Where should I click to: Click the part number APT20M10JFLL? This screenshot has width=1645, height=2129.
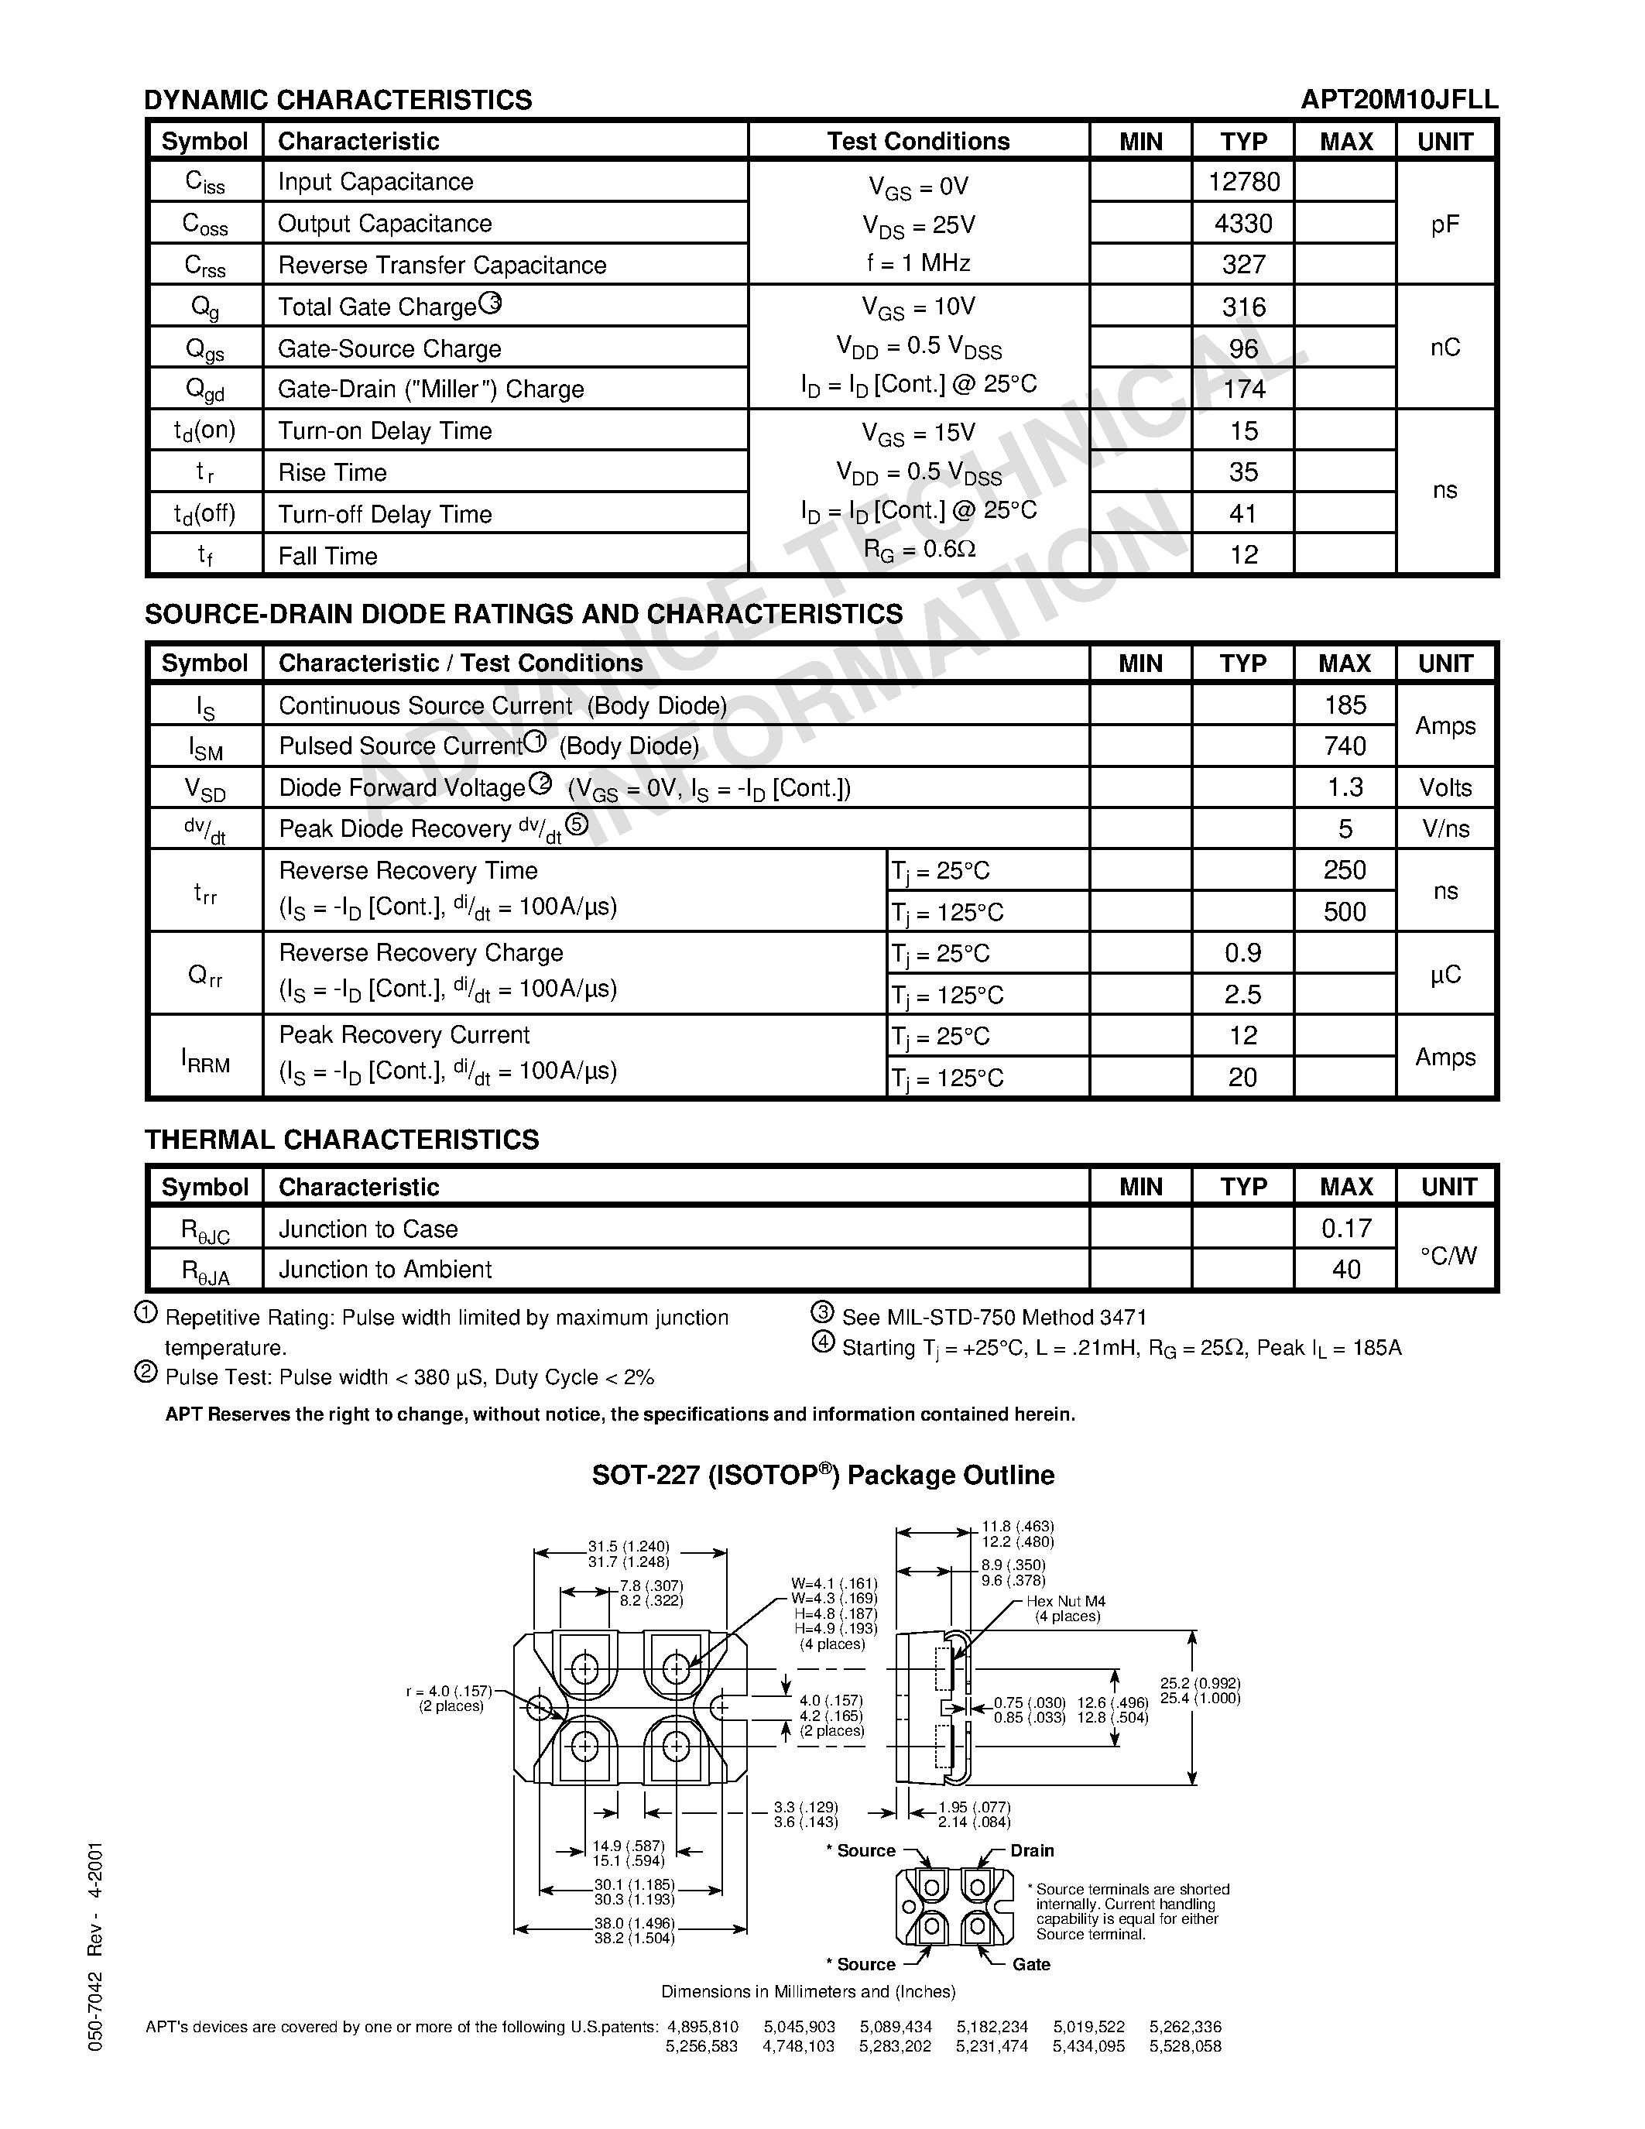click(x=1399, y=99)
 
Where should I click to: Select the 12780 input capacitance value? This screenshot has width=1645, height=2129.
click(x=1243, y=181)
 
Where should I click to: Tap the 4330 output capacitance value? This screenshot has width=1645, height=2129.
click(x=1243, y=223)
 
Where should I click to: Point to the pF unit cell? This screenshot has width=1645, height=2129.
click(x=1445, y=225)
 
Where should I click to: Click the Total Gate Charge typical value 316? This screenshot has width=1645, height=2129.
click(x=1243, y=307)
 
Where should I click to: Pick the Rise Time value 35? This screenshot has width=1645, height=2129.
click(x=1243, y=471)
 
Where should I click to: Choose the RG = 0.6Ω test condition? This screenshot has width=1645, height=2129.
click(x=919, y=550)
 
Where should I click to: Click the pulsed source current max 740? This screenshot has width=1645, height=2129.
click(x=1345, y=746)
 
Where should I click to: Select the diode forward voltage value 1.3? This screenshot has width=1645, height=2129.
click(x=1345, y=787)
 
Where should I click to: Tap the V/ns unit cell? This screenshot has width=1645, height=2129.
click(x=1445, y=828)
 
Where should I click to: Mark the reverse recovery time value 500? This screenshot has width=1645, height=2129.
click(x=1345, y=911)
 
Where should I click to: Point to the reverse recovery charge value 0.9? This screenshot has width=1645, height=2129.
click(x=1242, y=952)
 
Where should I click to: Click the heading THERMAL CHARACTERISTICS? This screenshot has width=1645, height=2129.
click(x=341, y=1140)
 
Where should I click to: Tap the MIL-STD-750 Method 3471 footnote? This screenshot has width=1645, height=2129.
click(x=994, y=1317)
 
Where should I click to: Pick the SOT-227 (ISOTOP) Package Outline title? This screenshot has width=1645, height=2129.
click(x=822, y=1475)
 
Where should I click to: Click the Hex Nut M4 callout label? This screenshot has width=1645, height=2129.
click(x=1065, y=1602)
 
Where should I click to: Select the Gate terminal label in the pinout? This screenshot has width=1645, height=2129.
click(x=1031, y=1964)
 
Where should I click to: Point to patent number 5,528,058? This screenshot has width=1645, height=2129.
click(x=1185, y=2047)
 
